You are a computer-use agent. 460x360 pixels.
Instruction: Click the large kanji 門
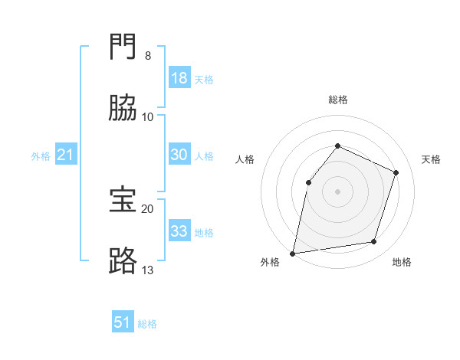(123, 46)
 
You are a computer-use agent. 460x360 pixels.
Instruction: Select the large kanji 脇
(123, 107)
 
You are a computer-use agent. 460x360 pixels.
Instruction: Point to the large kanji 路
(123, 260)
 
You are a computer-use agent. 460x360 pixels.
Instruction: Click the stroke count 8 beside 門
(148, 56)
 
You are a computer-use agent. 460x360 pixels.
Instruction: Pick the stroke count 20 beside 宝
(147, 209)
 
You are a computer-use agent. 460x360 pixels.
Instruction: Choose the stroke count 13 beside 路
(147, 270)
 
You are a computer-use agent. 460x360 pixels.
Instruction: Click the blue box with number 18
(179, 77)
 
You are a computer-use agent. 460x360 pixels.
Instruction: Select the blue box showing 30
(179, 154)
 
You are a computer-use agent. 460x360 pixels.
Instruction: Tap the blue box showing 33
(179, 230)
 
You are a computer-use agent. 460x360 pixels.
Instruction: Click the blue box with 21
(66, 154)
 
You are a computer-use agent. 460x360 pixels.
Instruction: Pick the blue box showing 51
(123, 321)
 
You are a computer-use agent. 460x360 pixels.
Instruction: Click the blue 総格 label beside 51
(147, 324)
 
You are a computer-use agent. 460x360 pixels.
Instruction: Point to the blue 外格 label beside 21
(41, 156)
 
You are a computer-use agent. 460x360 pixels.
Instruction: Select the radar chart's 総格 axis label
(338, 100)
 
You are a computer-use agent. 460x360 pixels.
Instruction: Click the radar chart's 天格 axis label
(431, 159)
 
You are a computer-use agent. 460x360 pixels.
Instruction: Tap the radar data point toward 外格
(293, 254)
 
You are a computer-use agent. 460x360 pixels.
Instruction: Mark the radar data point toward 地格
(374, 241)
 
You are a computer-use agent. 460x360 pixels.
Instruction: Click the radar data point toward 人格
(309, 182)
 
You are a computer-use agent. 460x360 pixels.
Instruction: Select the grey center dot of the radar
(337, 191)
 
